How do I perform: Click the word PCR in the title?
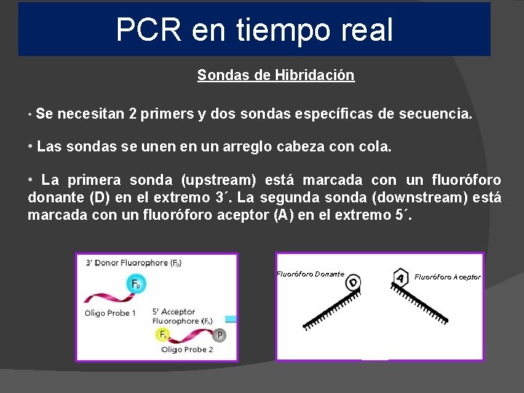click(x=148, y=30)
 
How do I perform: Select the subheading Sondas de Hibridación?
click(x=276, y=75)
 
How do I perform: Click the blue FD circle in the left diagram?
click(x=137, y=284)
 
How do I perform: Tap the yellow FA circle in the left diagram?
click(x=162, y=334)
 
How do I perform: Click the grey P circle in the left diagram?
click(x=221, y=335)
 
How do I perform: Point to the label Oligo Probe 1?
click(x=111, y=313)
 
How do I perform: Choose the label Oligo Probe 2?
click(x=187, y=349)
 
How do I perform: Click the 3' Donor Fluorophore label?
click(x=133, y=263)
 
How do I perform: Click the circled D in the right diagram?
click(x=353, y=282)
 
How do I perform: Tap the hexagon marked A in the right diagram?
click(x=400, y=278)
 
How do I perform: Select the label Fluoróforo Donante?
click(x=311, y=274)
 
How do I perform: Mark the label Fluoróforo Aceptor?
click(x=448, y=277)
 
